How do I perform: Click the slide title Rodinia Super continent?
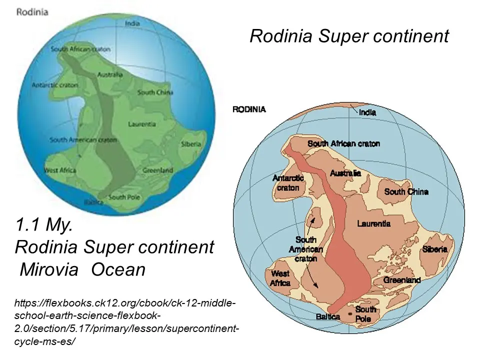click(x=349, y=36)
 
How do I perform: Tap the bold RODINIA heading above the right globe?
click(x=249, y=109)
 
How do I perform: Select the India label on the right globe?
click(x=367, y=112)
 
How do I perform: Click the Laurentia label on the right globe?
click(x=374, y=223)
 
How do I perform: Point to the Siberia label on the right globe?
click(x=434, y=249)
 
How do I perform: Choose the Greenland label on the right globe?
click(x=402, y=280)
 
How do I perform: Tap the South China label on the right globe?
click(x=406, y=191)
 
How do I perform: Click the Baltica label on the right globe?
click(x=328, y=316)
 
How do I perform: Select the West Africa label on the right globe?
click(x=280, y=278)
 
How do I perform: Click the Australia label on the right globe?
click(x=345, y=173)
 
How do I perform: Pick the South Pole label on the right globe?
click(x=365, y=314)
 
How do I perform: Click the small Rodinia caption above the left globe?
click(x=32, y=11)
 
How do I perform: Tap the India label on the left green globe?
click(x=132, y=23)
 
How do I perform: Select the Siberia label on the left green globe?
click(x=190, y=144)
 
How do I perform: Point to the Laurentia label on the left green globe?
click(x=142, y=123)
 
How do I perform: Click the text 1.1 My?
click(x=45, y=225)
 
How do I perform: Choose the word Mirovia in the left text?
click(x=49, y=270)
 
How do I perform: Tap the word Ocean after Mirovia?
click(x=118, y=270)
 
